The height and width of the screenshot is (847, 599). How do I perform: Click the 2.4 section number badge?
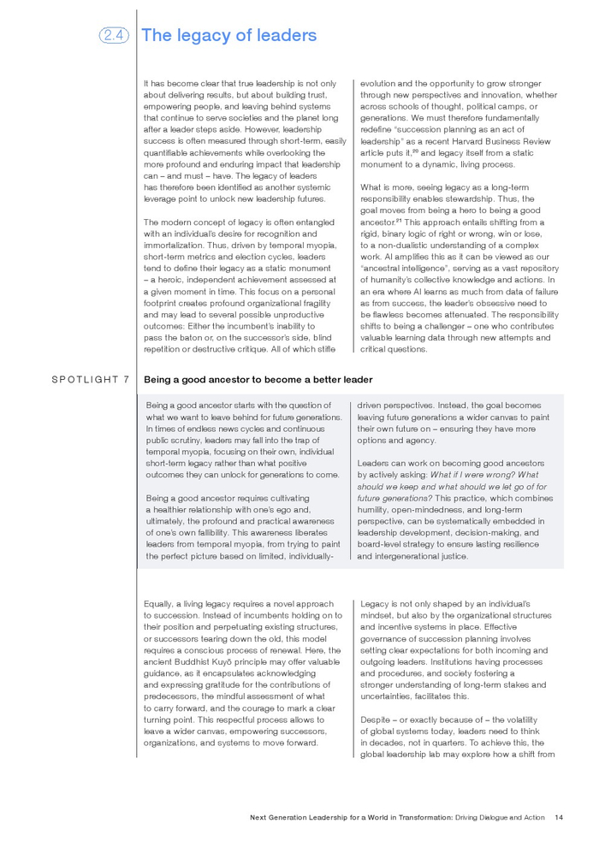114,35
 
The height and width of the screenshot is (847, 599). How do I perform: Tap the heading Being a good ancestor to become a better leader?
258,379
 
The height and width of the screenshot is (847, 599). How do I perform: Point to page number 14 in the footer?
559,817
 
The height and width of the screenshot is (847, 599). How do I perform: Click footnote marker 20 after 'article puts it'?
416,150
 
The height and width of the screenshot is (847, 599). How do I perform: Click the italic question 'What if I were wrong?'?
472,475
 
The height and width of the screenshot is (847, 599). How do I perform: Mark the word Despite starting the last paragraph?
377,720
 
